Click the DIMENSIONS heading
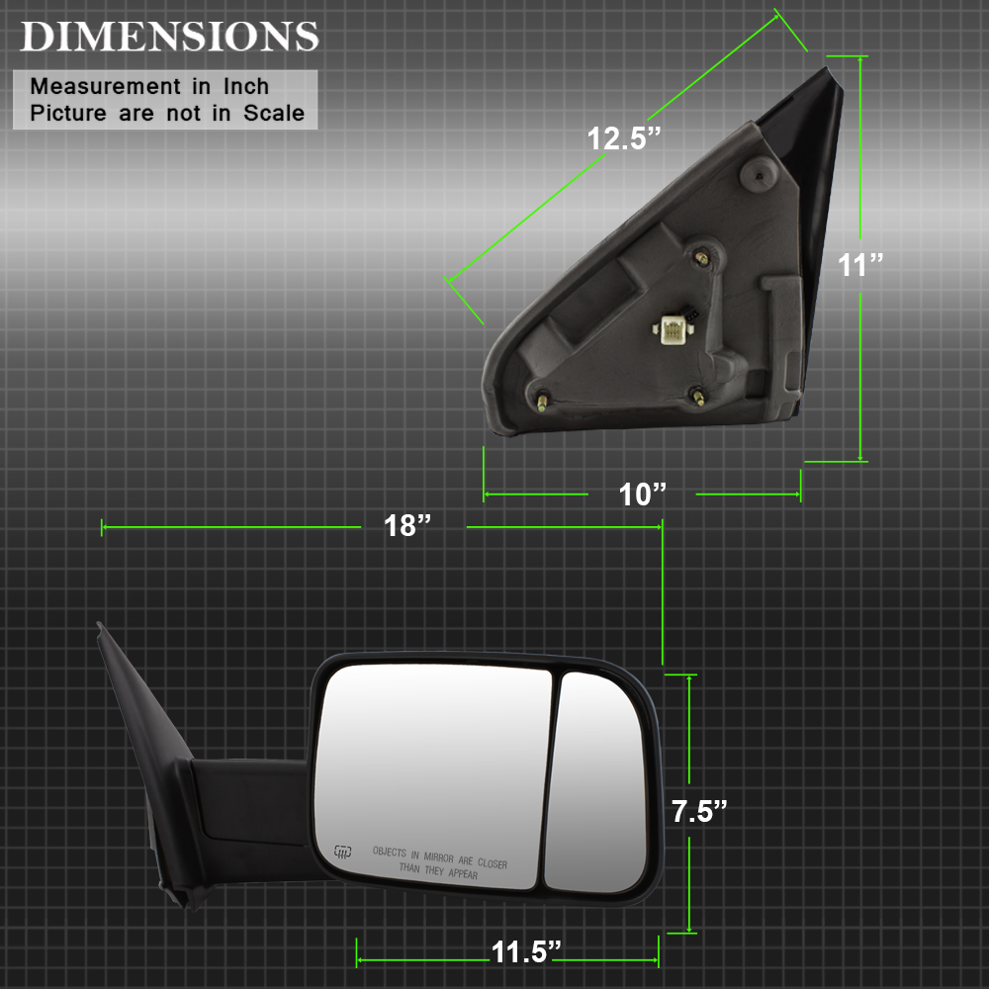point(170,37)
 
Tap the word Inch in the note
point(246,86)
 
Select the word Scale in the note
point(274,113)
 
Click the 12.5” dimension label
point(624,138)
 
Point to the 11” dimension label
point(860,265)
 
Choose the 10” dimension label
point(642,494)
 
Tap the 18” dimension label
point(407,525)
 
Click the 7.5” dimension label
point(699,812)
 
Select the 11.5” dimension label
point(526,952)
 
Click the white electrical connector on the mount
point(673,329)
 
